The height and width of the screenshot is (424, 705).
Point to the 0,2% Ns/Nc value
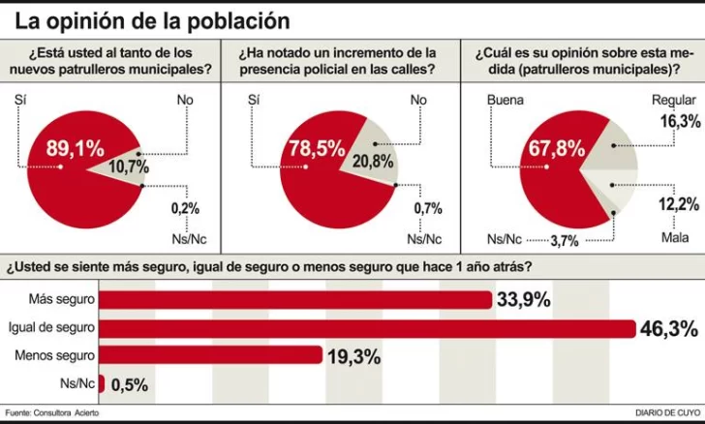point(184,207)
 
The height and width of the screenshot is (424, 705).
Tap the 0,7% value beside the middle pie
point(426,207)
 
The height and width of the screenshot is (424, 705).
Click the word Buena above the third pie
point(505,99)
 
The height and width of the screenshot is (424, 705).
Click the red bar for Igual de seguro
point(367,328)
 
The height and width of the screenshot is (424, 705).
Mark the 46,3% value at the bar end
point(668,329)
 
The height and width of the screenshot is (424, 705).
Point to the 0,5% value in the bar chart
point(129,384)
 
